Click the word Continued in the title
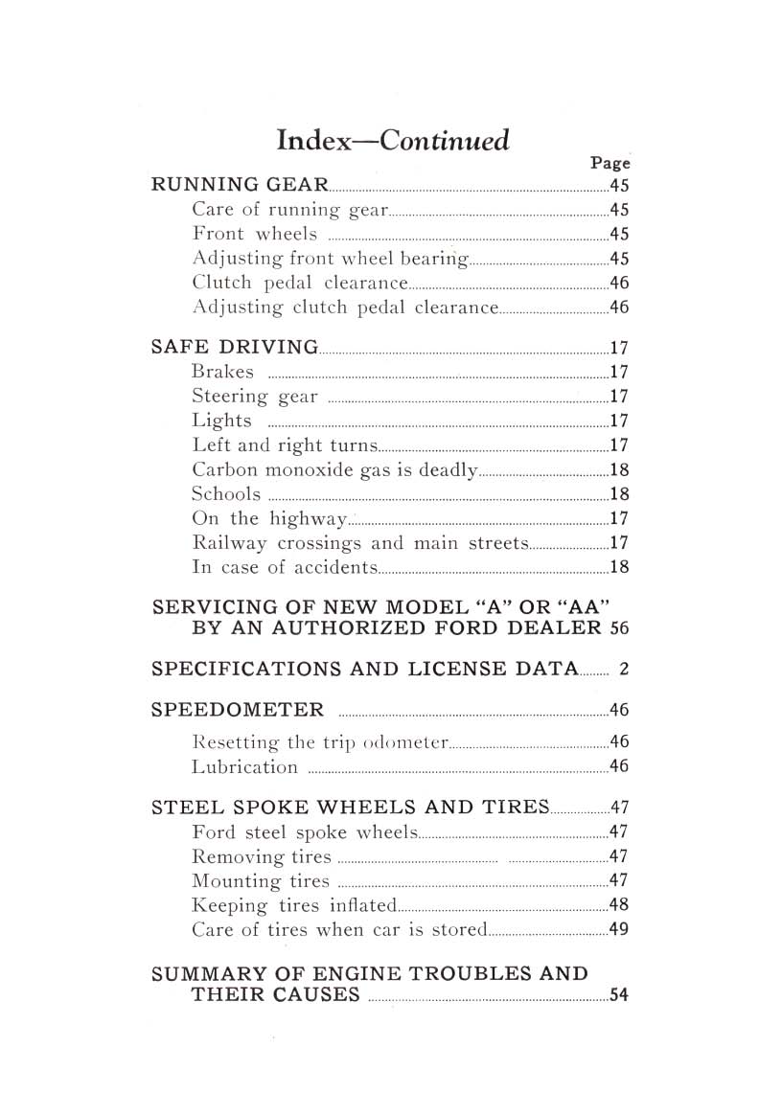(x=445, y=140)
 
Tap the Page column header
(x=609, y=163)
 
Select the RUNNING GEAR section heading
(x=241, y=185)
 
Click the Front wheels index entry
(x=254, y=234)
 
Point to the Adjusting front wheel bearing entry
(x=331, y=259)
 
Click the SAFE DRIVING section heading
(x=235, y=347)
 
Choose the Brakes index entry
(x=223, y=372)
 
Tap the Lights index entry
(x=222, y=421)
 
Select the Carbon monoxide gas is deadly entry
(x=334, y=469)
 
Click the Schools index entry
(x=226, y=494)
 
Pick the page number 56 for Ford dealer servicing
(x=619, y=628)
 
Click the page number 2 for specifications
(x=623, y=670)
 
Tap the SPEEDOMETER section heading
(x=238, y=710)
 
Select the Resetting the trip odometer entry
(x=320, y=741)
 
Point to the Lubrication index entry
(x=245, y=766)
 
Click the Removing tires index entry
(x=262, y=856)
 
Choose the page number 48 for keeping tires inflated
(x=618, y=905)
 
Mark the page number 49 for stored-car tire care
(x=618, y=929)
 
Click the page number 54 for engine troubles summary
(x=618, y=995)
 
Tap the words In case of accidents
(x=285, y=567)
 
